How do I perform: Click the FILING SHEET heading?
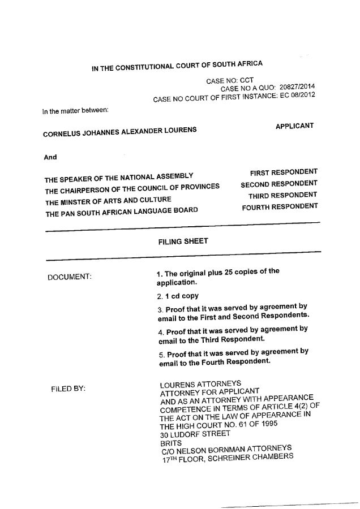183,241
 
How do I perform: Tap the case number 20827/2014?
297,87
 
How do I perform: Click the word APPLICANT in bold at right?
294,126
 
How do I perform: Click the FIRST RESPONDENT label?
284,171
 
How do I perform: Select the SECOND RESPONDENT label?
279,184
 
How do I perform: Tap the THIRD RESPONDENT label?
282,196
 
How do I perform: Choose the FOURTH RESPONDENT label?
280,207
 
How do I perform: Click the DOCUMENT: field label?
70,277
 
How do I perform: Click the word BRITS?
171,443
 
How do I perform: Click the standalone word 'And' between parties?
50,157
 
